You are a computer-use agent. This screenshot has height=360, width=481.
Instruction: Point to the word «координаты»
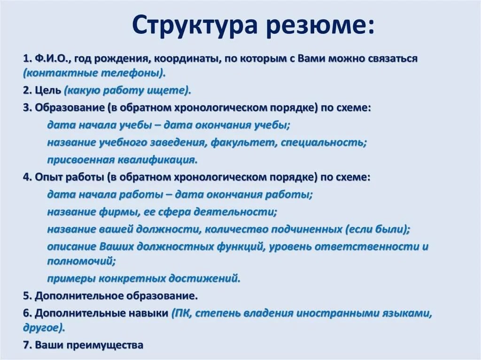(x=187, y=59)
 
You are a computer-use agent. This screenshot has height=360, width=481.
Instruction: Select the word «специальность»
(x=323, y=143)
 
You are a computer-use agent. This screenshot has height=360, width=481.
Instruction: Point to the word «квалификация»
(x=157, y=160)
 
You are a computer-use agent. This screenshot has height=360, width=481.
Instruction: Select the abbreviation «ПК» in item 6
(x=181, y=314)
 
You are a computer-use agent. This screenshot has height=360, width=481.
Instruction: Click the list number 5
(x=26, y=296)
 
